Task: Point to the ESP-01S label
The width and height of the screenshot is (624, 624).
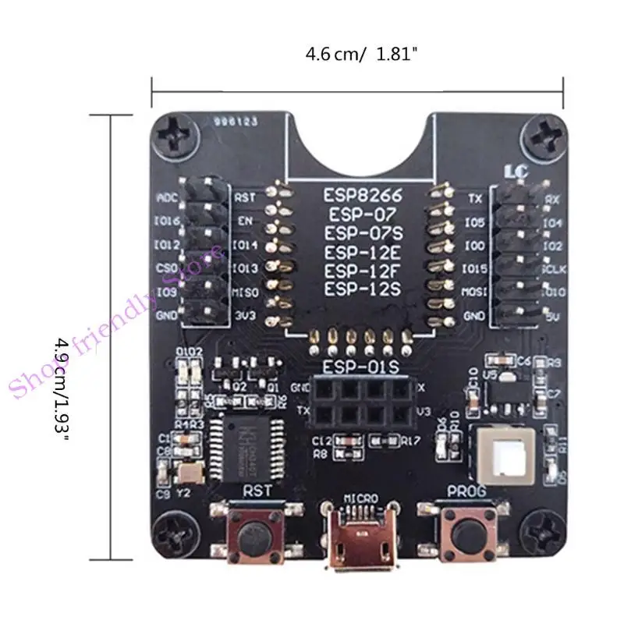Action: [360, 367]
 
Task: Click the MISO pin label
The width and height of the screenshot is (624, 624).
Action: [245, 293]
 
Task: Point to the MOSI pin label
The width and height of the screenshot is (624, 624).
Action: [473, 293]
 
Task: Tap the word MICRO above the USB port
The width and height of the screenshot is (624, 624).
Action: [359, 498]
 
